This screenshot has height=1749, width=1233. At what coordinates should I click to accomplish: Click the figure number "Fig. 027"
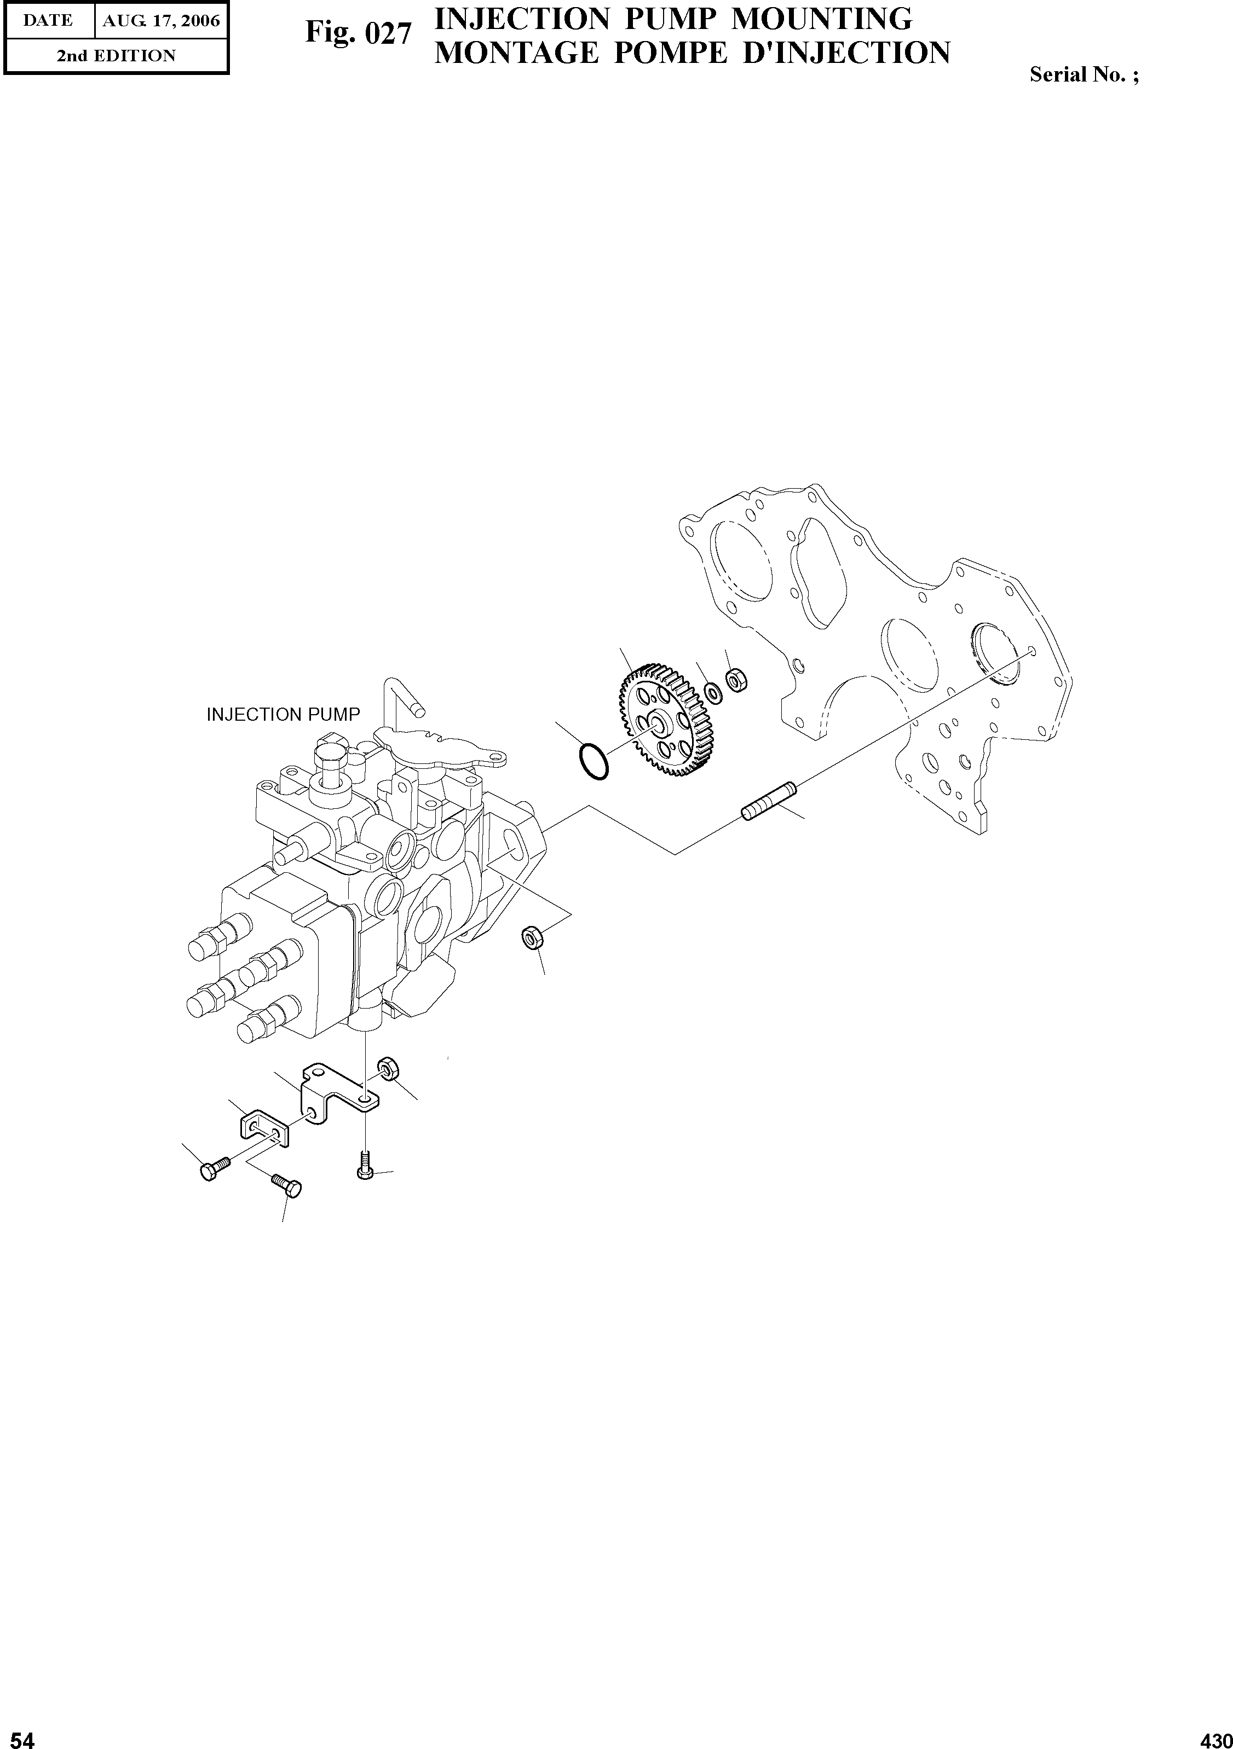tap(358, 33)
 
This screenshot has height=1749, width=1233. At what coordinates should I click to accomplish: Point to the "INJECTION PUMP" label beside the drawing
tap(283, 715)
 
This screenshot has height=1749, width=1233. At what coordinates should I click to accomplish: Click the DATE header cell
tap(47, 21)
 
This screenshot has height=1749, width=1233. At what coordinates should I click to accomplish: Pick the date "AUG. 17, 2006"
tap(162, 21)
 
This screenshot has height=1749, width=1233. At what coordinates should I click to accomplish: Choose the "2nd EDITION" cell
tap(116, 56)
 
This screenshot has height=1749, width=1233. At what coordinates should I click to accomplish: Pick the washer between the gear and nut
tap(714, 692)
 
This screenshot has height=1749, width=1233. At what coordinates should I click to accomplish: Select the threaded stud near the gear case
tap(768, 802)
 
